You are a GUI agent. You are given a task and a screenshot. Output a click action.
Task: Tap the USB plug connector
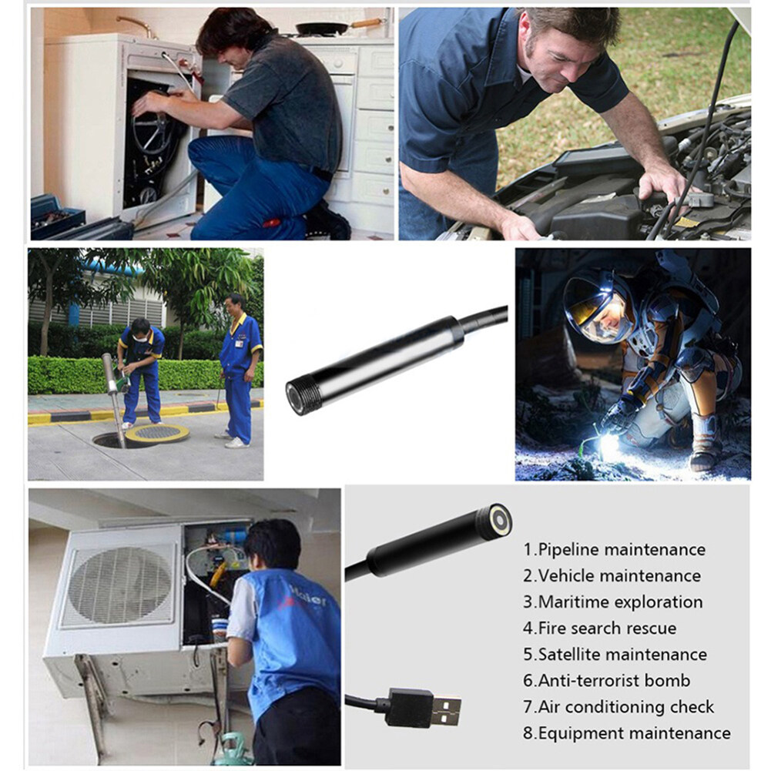[423, 707]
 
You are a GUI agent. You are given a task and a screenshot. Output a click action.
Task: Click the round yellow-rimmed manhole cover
[157, 433]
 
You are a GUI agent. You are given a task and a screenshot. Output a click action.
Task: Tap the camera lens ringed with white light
[501, 521]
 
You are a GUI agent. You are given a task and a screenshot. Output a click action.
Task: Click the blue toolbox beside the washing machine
[57, 216]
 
